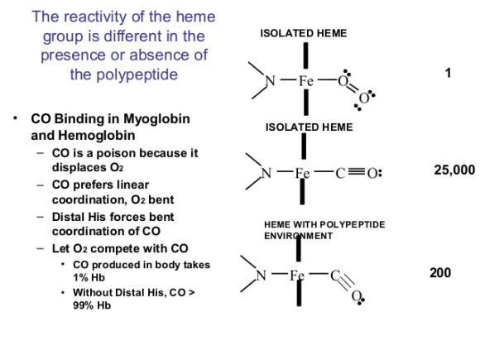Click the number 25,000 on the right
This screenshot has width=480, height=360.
454,170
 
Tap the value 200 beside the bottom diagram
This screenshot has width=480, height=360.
440,273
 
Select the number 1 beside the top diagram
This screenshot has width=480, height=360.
448,73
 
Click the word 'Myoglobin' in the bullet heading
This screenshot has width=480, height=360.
156,119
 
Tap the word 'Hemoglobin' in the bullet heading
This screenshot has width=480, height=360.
97,135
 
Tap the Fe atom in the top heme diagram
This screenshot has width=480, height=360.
306,81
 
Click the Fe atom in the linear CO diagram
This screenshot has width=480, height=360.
302,173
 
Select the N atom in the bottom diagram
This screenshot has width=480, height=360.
261,276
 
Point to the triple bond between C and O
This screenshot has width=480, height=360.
357,172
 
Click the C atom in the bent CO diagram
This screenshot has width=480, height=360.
335,276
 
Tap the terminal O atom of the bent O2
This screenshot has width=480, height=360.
363,98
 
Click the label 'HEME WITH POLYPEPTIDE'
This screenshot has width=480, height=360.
324,224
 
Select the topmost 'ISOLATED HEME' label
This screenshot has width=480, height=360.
304,33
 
